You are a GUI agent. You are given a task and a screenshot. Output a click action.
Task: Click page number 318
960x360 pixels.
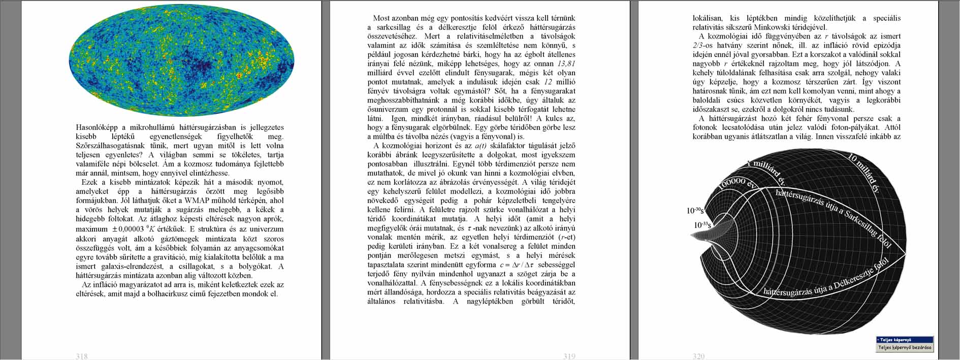click(x=82, y=356)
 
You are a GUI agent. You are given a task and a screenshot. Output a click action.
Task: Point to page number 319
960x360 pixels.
click(x=569, y=356)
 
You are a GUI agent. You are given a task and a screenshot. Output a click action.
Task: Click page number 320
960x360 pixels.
click(x=698, y=356)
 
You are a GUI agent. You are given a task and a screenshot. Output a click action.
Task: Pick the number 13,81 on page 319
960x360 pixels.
click(x=566, y=63)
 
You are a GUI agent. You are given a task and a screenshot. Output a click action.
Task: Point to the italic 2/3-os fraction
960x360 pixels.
click(x=705, y=45)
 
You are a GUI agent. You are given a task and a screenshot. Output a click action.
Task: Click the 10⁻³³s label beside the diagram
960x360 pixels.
click(x=702, y=224)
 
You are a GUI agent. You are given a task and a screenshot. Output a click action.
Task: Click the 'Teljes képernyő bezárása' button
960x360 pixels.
click(x=905, y=348)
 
